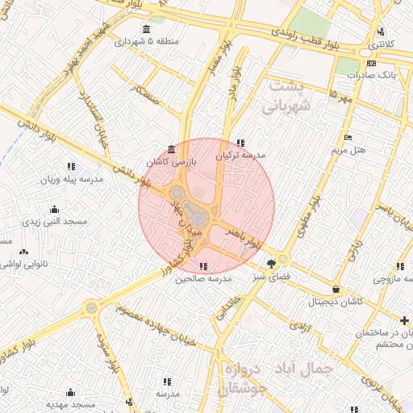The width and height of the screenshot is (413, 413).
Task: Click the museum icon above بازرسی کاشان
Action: pyautogui.click(x=171, y=149)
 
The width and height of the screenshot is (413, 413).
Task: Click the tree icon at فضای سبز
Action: pyautogui.click(x=272, y=262)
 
